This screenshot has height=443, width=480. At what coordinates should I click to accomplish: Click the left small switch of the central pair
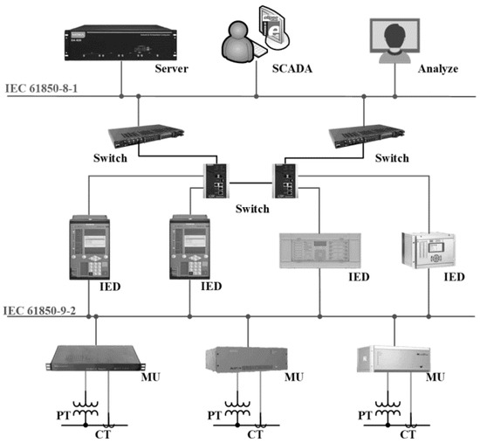coord(216,180)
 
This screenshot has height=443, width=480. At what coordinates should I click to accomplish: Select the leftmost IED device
coord(90,245)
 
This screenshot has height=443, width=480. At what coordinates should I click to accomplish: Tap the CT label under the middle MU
coord(255,434)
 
